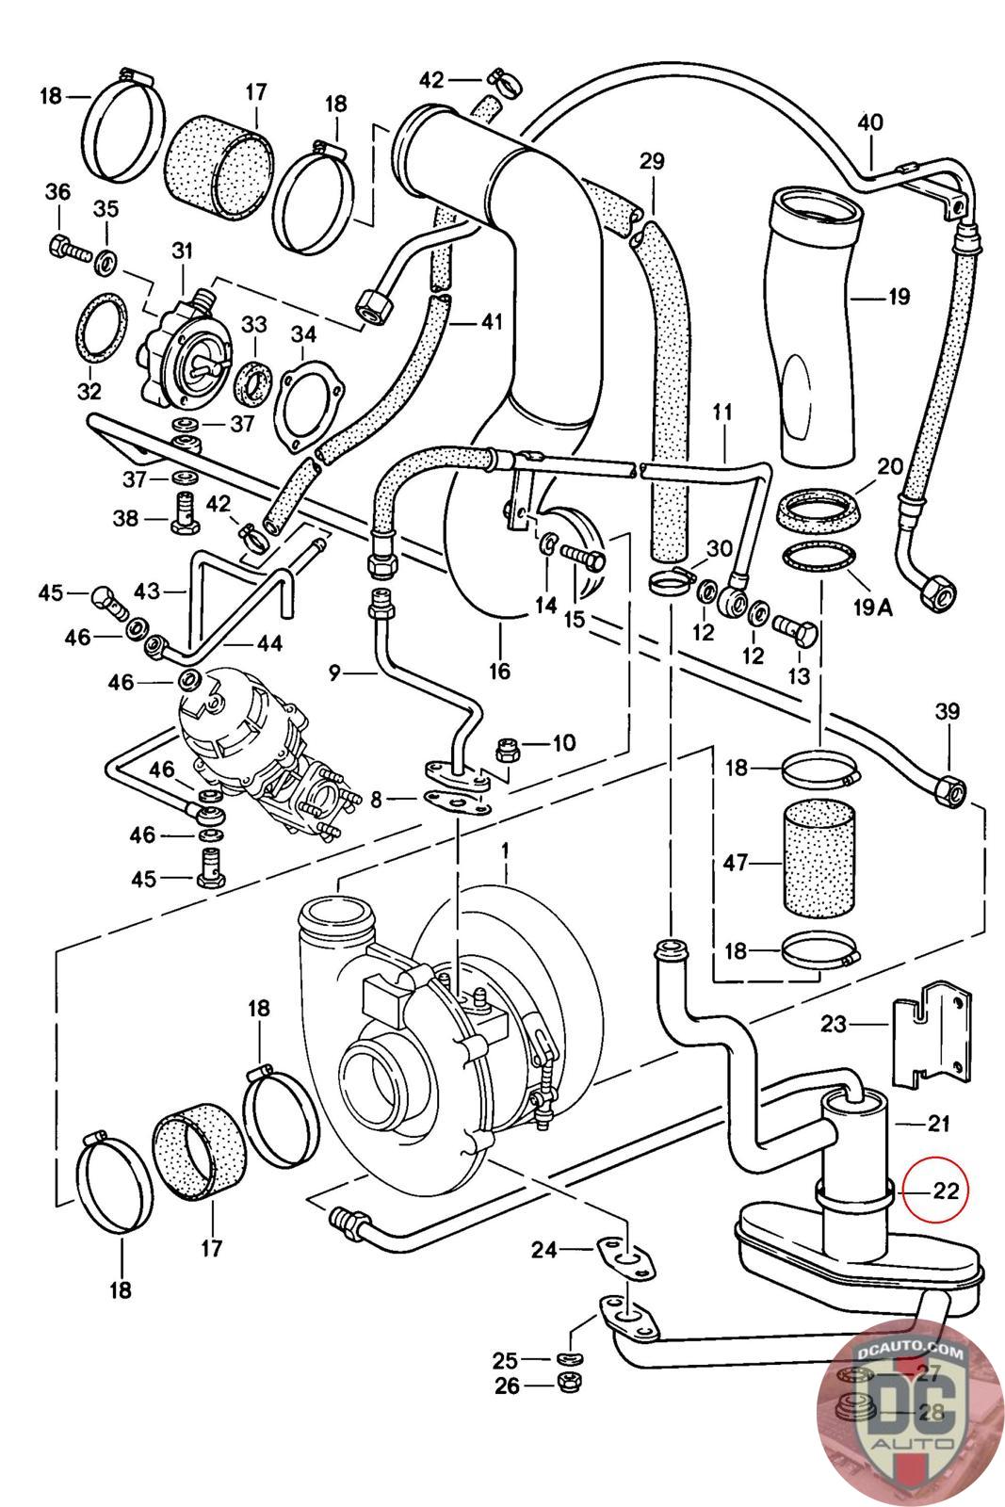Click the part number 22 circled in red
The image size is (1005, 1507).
[945, 1191]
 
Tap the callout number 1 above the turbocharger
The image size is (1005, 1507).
[505, 851]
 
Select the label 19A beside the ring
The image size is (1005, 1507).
[872, 608]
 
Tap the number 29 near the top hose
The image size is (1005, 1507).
[652, 161]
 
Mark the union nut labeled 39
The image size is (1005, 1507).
[945, 786]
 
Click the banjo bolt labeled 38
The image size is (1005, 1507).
[184, 514]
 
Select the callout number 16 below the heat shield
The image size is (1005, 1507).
[499, 671]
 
